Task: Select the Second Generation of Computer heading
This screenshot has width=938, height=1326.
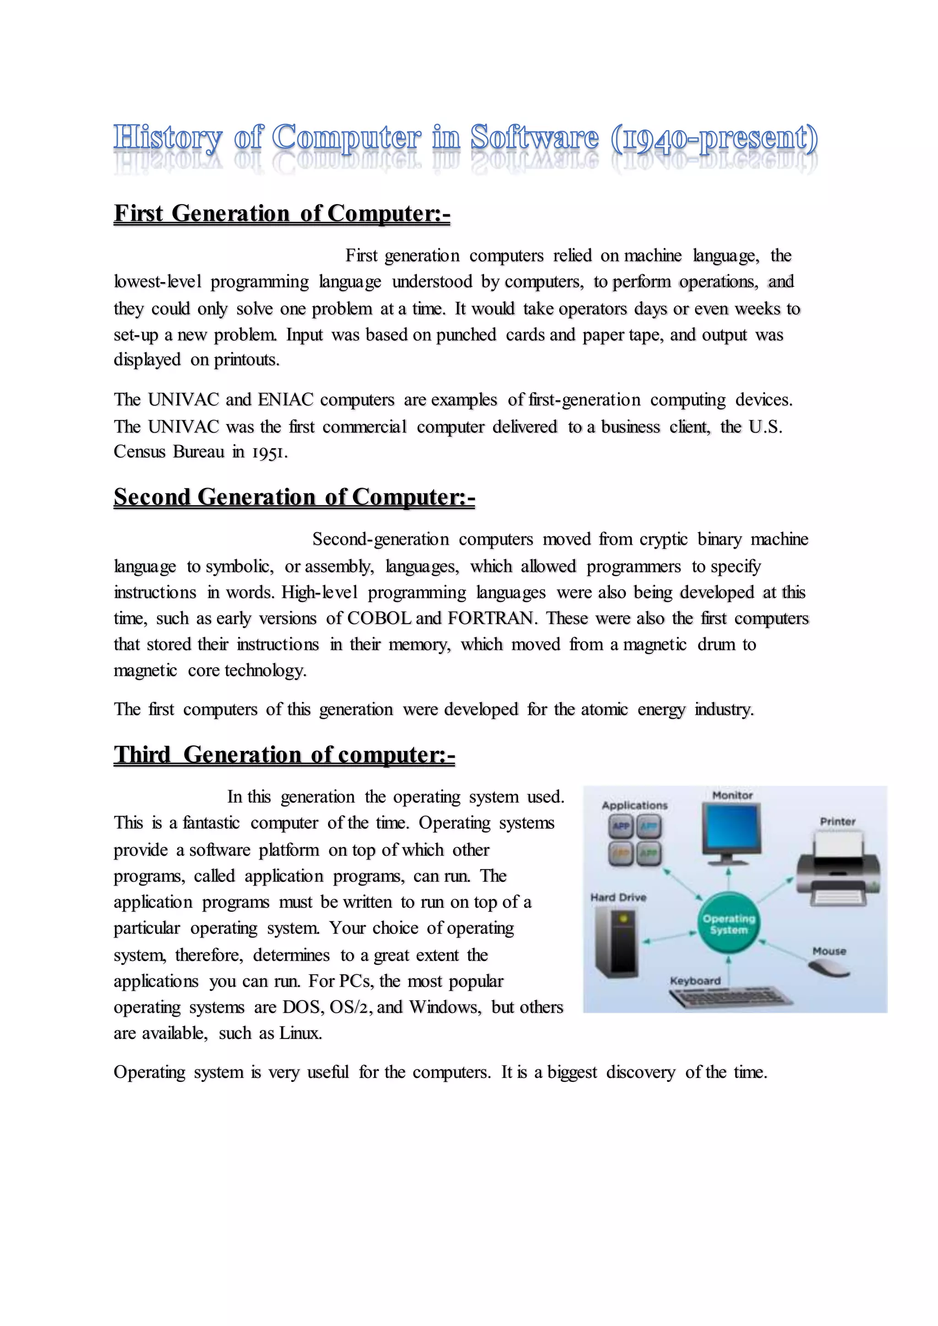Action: tap(294, 497)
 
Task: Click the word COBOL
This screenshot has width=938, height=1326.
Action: tap(379, 618)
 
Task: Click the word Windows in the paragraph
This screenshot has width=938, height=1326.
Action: tap(444, 1007)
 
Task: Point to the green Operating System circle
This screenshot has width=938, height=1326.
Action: tap(728, 924)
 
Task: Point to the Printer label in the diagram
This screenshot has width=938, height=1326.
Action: tap(838, 821)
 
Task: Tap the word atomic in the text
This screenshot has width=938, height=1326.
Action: tap(604, 709)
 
